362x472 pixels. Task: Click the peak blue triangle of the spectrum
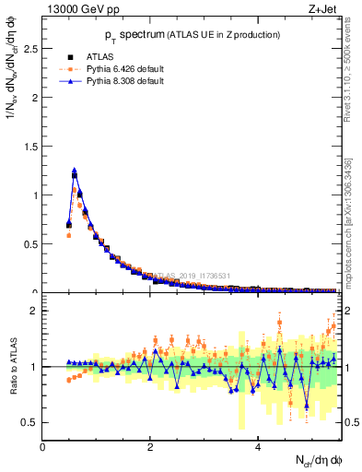point(74,171)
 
